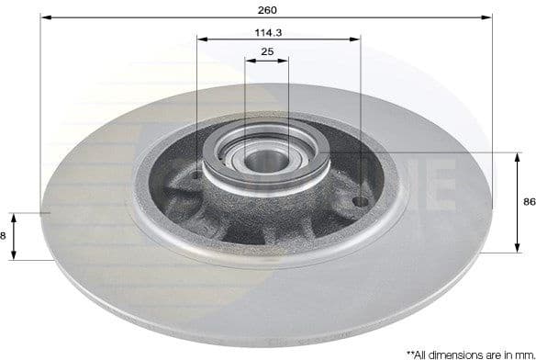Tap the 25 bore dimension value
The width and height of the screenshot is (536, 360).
[x=267, y=52]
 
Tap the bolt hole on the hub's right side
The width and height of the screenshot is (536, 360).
[x=360, y=200]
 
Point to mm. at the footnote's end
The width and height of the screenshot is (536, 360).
[x=520, y=353]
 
